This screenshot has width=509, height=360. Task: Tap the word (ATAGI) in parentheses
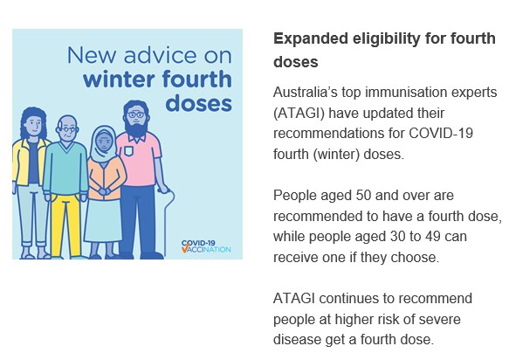click(299, 113)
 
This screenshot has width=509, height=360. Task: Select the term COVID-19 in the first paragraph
click(441, 133)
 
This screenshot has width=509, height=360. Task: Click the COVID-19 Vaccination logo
click(206, 246)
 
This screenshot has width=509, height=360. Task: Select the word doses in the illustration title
click(199, 103)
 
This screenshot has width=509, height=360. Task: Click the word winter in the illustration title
click(120, 80)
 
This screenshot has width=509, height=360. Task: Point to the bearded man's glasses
click(136, 114)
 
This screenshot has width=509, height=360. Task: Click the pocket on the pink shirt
click(129, 151)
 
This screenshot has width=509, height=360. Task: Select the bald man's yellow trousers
click(65, 225)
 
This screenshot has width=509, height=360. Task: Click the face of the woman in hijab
click(104, 142)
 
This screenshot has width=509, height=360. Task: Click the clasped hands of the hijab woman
click(105, 191)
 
